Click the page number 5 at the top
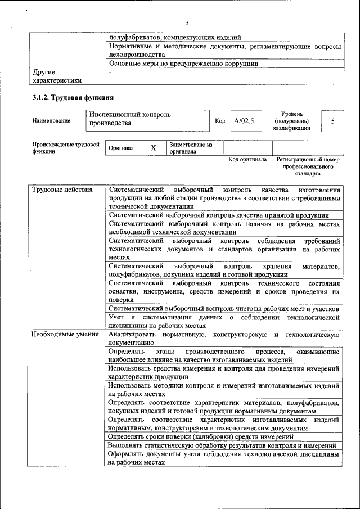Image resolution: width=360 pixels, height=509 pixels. (187, 22)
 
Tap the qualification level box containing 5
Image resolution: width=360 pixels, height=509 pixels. (332, 121)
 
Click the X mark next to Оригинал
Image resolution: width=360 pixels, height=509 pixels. (153, 148)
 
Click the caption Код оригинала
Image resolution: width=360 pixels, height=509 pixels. (247, 160)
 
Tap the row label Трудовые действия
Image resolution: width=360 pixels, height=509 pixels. (62, 190)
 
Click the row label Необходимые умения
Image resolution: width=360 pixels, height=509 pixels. (62, 334)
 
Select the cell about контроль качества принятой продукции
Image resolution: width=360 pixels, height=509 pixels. (218, 214)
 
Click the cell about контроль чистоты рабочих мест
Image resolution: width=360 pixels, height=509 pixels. (223, 309)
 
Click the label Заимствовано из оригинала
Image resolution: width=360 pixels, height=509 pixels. (191, 148)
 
